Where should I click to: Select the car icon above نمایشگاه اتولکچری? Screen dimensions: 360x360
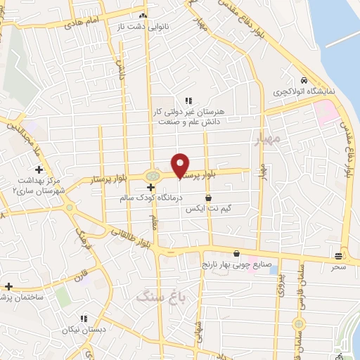tap(303, 81)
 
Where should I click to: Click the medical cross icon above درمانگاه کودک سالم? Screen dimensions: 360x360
tap(152, 187)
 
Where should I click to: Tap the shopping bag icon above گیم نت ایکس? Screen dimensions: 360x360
tap(208, 199)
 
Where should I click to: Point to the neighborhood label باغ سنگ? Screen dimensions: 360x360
tap(157, 297)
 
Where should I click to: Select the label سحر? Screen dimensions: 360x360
tap(339, 267)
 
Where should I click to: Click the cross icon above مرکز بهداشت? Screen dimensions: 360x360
tap(39, 169)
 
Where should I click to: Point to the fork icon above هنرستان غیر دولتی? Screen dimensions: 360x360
tap(188, 101)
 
